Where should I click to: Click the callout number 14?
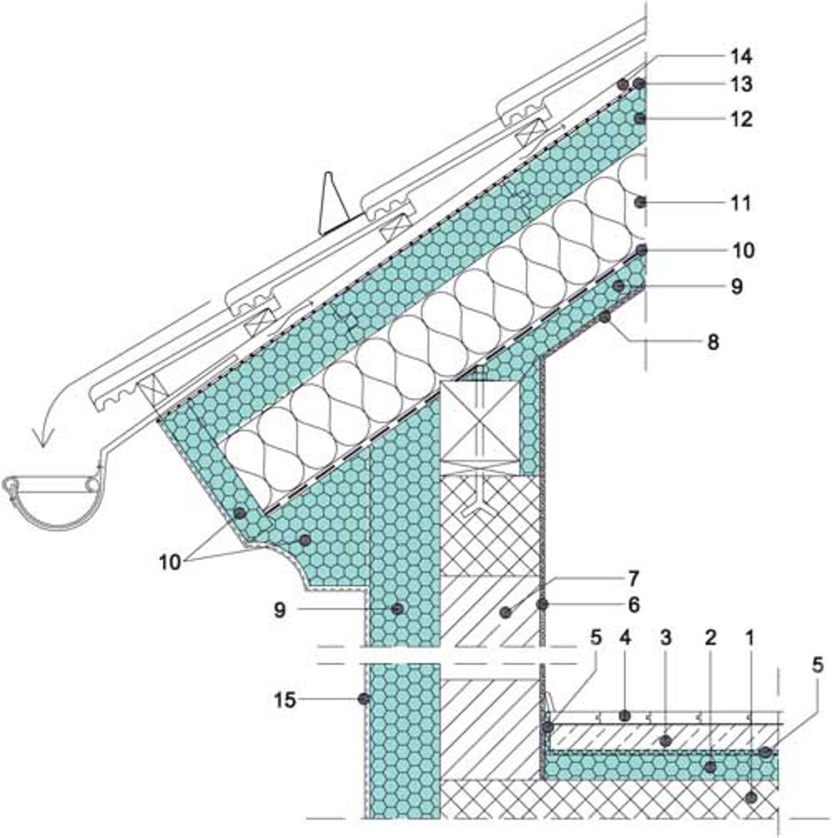(741, 58)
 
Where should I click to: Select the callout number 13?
(741, 85)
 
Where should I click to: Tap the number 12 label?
(741, 119)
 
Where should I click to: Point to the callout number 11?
(741, 204)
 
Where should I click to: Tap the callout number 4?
(625, 637)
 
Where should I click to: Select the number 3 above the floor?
(667, 637)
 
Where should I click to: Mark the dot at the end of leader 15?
(363, 699)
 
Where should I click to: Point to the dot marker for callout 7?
(506, 611)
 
